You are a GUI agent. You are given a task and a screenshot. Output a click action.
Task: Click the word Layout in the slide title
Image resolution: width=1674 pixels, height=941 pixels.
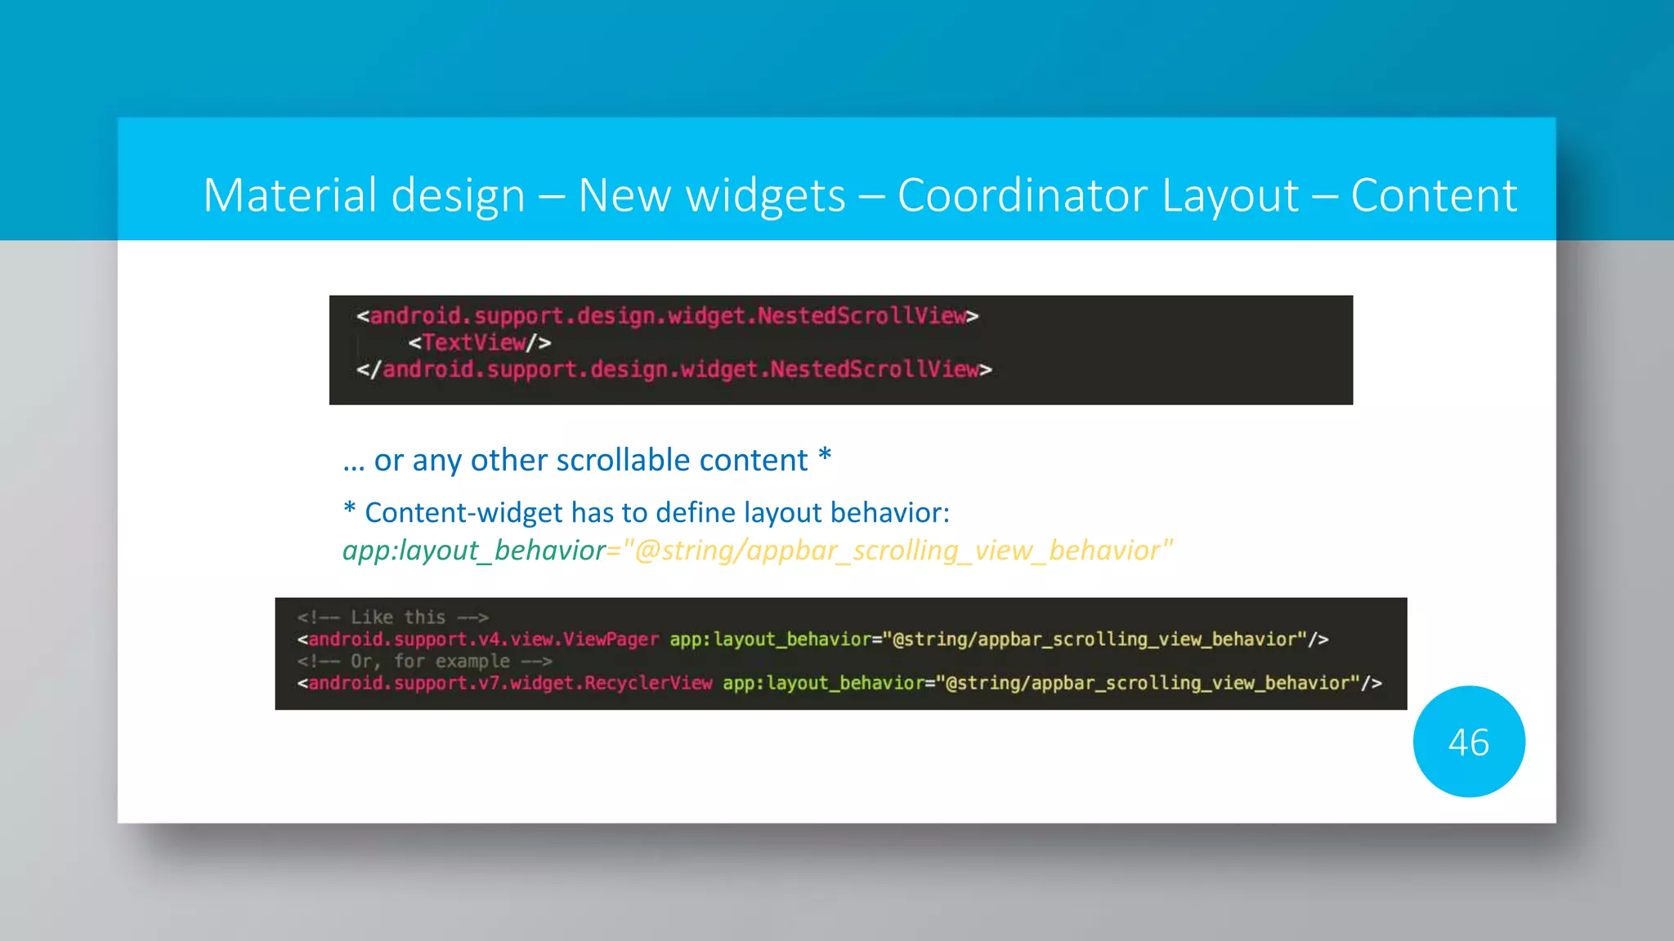[1229, 196]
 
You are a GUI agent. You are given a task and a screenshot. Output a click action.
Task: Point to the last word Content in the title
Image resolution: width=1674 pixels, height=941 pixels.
[1434, 196]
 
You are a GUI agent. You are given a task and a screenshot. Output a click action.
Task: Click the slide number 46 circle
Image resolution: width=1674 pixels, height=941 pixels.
[1469, 742]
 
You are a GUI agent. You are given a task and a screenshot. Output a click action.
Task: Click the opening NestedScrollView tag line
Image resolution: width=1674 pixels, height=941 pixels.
[667, 316]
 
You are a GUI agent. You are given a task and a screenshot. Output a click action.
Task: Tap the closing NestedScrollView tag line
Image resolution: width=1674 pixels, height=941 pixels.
[674, 370]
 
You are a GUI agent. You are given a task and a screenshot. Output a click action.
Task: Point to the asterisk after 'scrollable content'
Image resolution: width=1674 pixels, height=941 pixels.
[825, 456]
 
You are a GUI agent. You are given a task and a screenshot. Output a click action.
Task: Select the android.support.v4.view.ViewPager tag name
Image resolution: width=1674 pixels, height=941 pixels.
[483, 640]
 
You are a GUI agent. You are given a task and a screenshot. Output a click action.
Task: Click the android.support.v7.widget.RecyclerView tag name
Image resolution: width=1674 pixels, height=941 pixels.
[510, 684]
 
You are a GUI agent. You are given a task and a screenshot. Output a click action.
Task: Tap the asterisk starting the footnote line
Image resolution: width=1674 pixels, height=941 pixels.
[350, 510]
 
